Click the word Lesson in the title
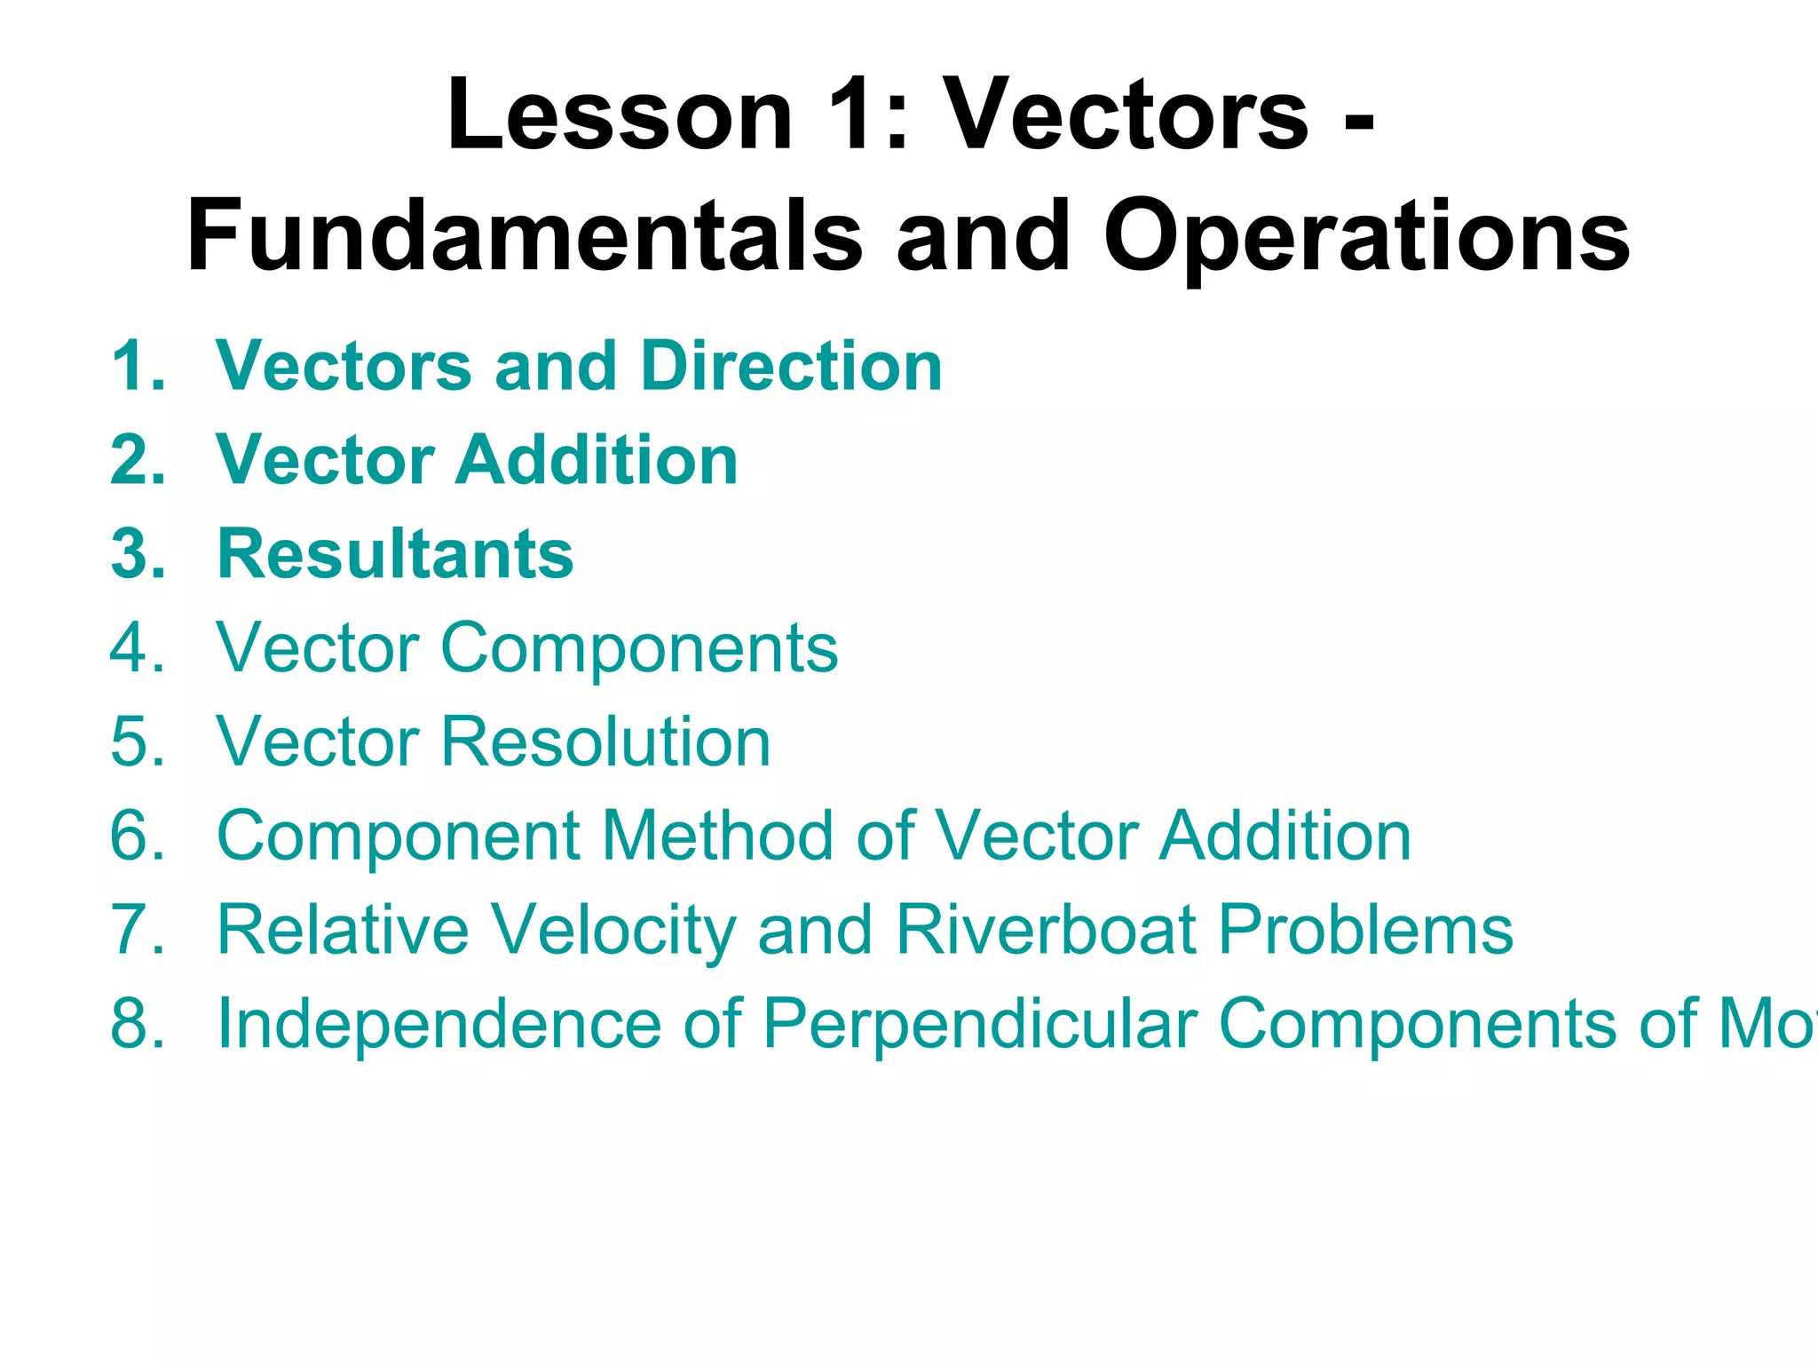click(x=619, y=115)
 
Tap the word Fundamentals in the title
click(x=524, y=236)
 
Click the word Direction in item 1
click(x=790, y=366)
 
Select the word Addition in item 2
click(x=596, y=460)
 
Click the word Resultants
click(x=395, y=554)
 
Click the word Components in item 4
click(x=638, y=649)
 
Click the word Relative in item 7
click(x=343, y=930)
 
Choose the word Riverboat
click(x=1046, y=930)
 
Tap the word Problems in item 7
click(x=1364, y=930)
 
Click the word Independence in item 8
click(x=439, y=1024)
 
